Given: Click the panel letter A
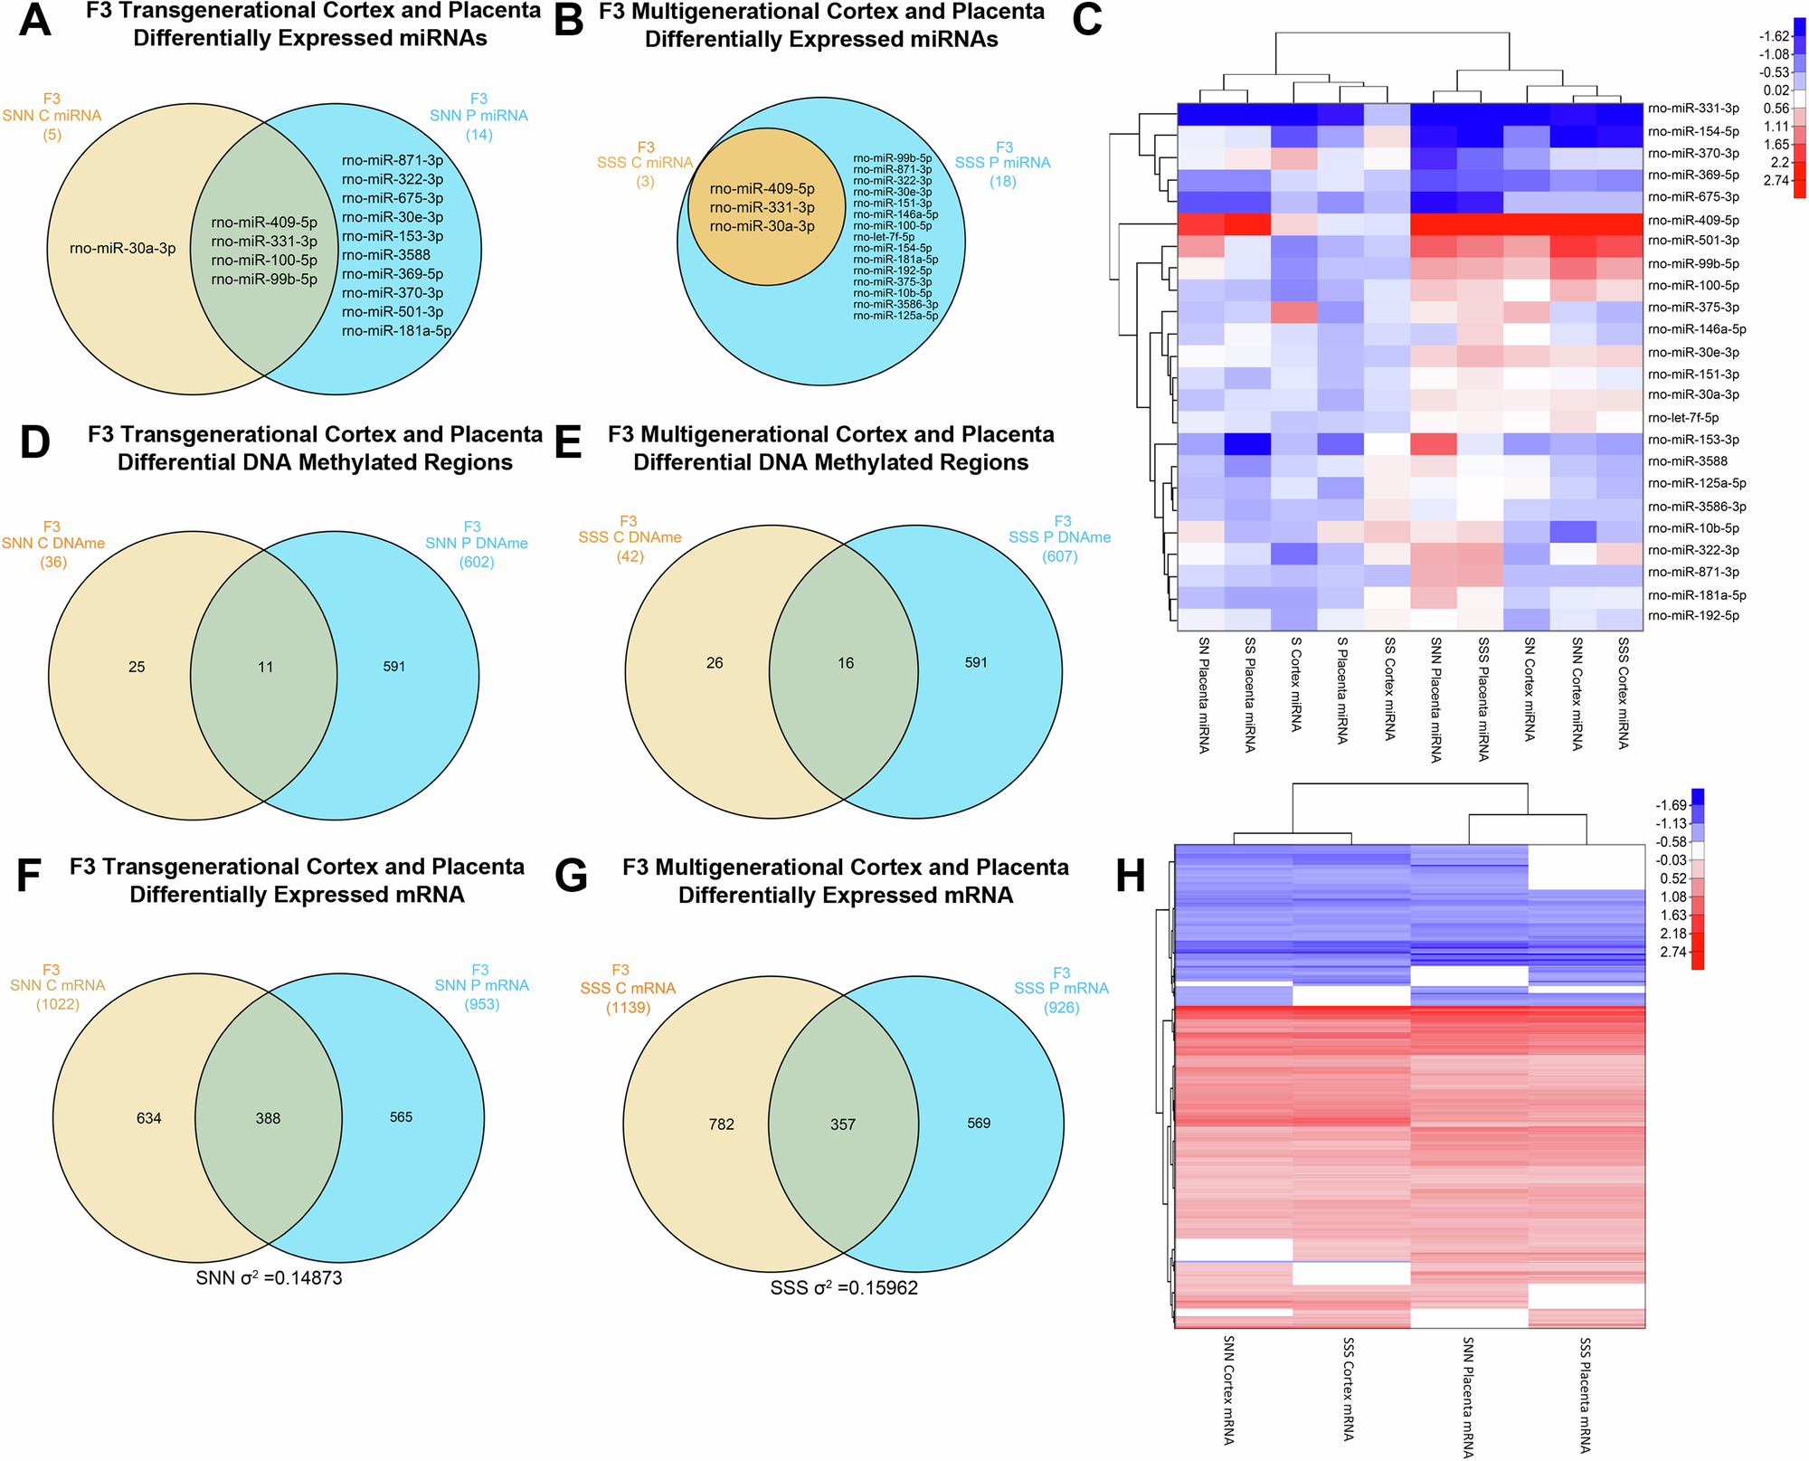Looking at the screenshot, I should (x=34, y=20).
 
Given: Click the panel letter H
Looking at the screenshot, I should (x=1131, y=876).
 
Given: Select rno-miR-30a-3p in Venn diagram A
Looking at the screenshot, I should (x=123, y=248).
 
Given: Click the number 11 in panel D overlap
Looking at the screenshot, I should (x=265, y=667).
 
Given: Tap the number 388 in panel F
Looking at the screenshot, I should (x=268, y=1118).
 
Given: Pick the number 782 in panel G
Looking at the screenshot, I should (x=721, y=1124).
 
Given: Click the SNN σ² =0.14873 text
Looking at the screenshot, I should (x=269, y=1278).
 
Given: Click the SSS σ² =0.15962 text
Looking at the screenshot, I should (x=844, y=1287).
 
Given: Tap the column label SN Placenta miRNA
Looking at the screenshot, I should (x=1204, y=695).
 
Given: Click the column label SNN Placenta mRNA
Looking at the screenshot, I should (x=1468, y=1397).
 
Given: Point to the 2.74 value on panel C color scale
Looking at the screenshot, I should (x=1776, y=180).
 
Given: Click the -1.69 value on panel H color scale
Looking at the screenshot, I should (x=1671, y=805).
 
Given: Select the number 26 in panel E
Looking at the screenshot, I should (x=715, y=663).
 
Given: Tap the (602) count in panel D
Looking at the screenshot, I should (x=477, y=562).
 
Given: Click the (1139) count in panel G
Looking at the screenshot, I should (x=628, y=1007).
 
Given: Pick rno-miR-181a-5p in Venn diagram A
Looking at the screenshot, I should (x=396, y=331).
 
